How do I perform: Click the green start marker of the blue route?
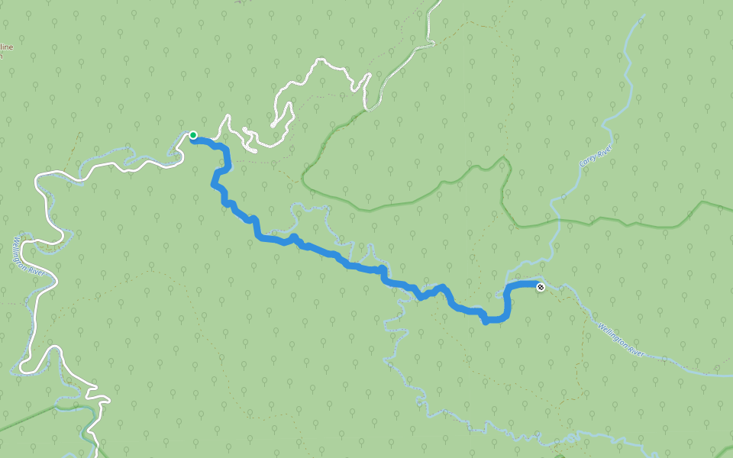(193, 135)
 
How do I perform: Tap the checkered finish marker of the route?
(541, 287)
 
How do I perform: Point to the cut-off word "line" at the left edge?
(7, 47)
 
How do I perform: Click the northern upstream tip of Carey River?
(642, 15)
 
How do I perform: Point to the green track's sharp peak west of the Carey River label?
(503, 158)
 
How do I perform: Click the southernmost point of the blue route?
(486, 322)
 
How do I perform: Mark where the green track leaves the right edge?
(731, 209)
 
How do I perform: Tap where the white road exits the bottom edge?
(97, 456)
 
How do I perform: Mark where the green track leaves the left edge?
(1, 429)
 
